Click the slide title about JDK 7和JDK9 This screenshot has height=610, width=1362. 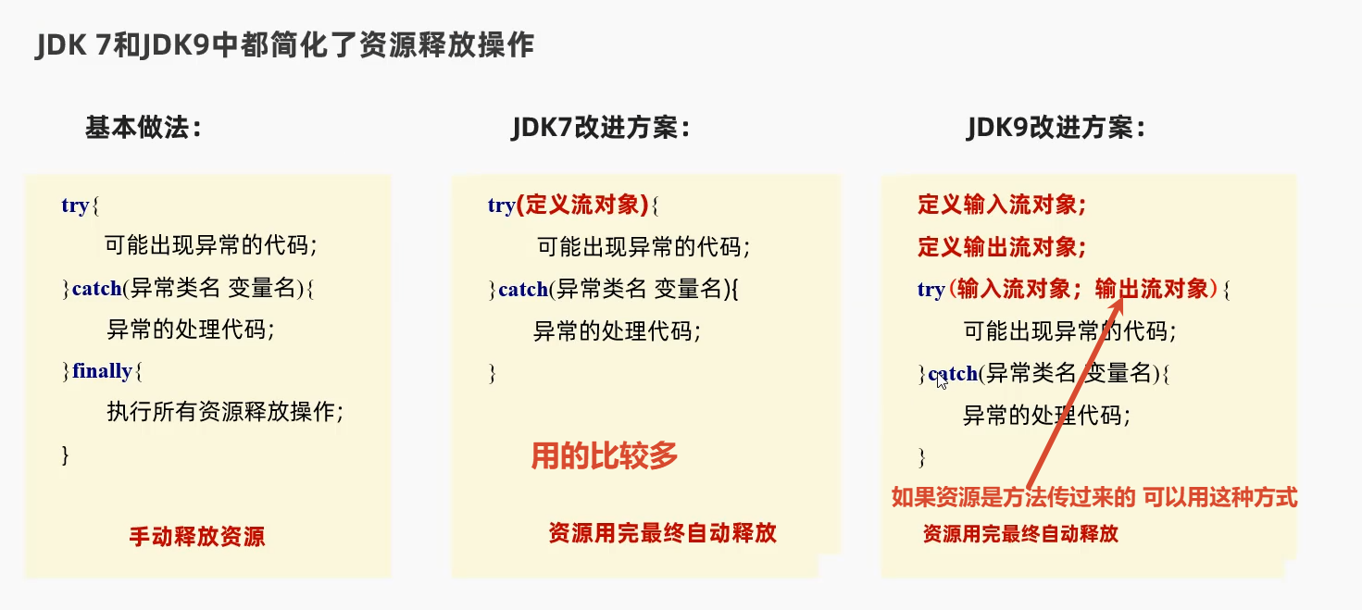tap(284, 45)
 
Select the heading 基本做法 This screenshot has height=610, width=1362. tap(144, 128)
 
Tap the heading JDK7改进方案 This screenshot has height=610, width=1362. tap(601, 128)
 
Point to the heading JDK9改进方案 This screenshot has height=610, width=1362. tap(1056, 128)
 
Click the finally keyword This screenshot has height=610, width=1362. tap(103, 371)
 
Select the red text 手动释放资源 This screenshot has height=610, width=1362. tap(196, 537)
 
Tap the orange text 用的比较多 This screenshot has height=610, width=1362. tap(605, 455)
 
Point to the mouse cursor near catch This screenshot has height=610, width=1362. tap(942, 380)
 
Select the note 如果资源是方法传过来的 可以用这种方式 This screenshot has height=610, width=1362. tap(1093, 498)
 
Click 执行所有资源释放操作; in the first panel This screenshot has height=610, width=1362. tap(231, 412)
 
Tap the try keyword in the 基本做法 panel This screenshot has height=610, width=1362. tap(75, 205)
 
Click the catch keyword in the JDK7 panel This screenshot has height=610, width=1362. tap(523, 290)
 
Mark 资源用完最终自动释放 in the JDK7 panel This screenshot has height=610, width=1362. tap(662, 532)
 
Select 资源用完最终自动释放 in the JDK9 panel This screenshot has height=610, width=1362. tap(1020, 534)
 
